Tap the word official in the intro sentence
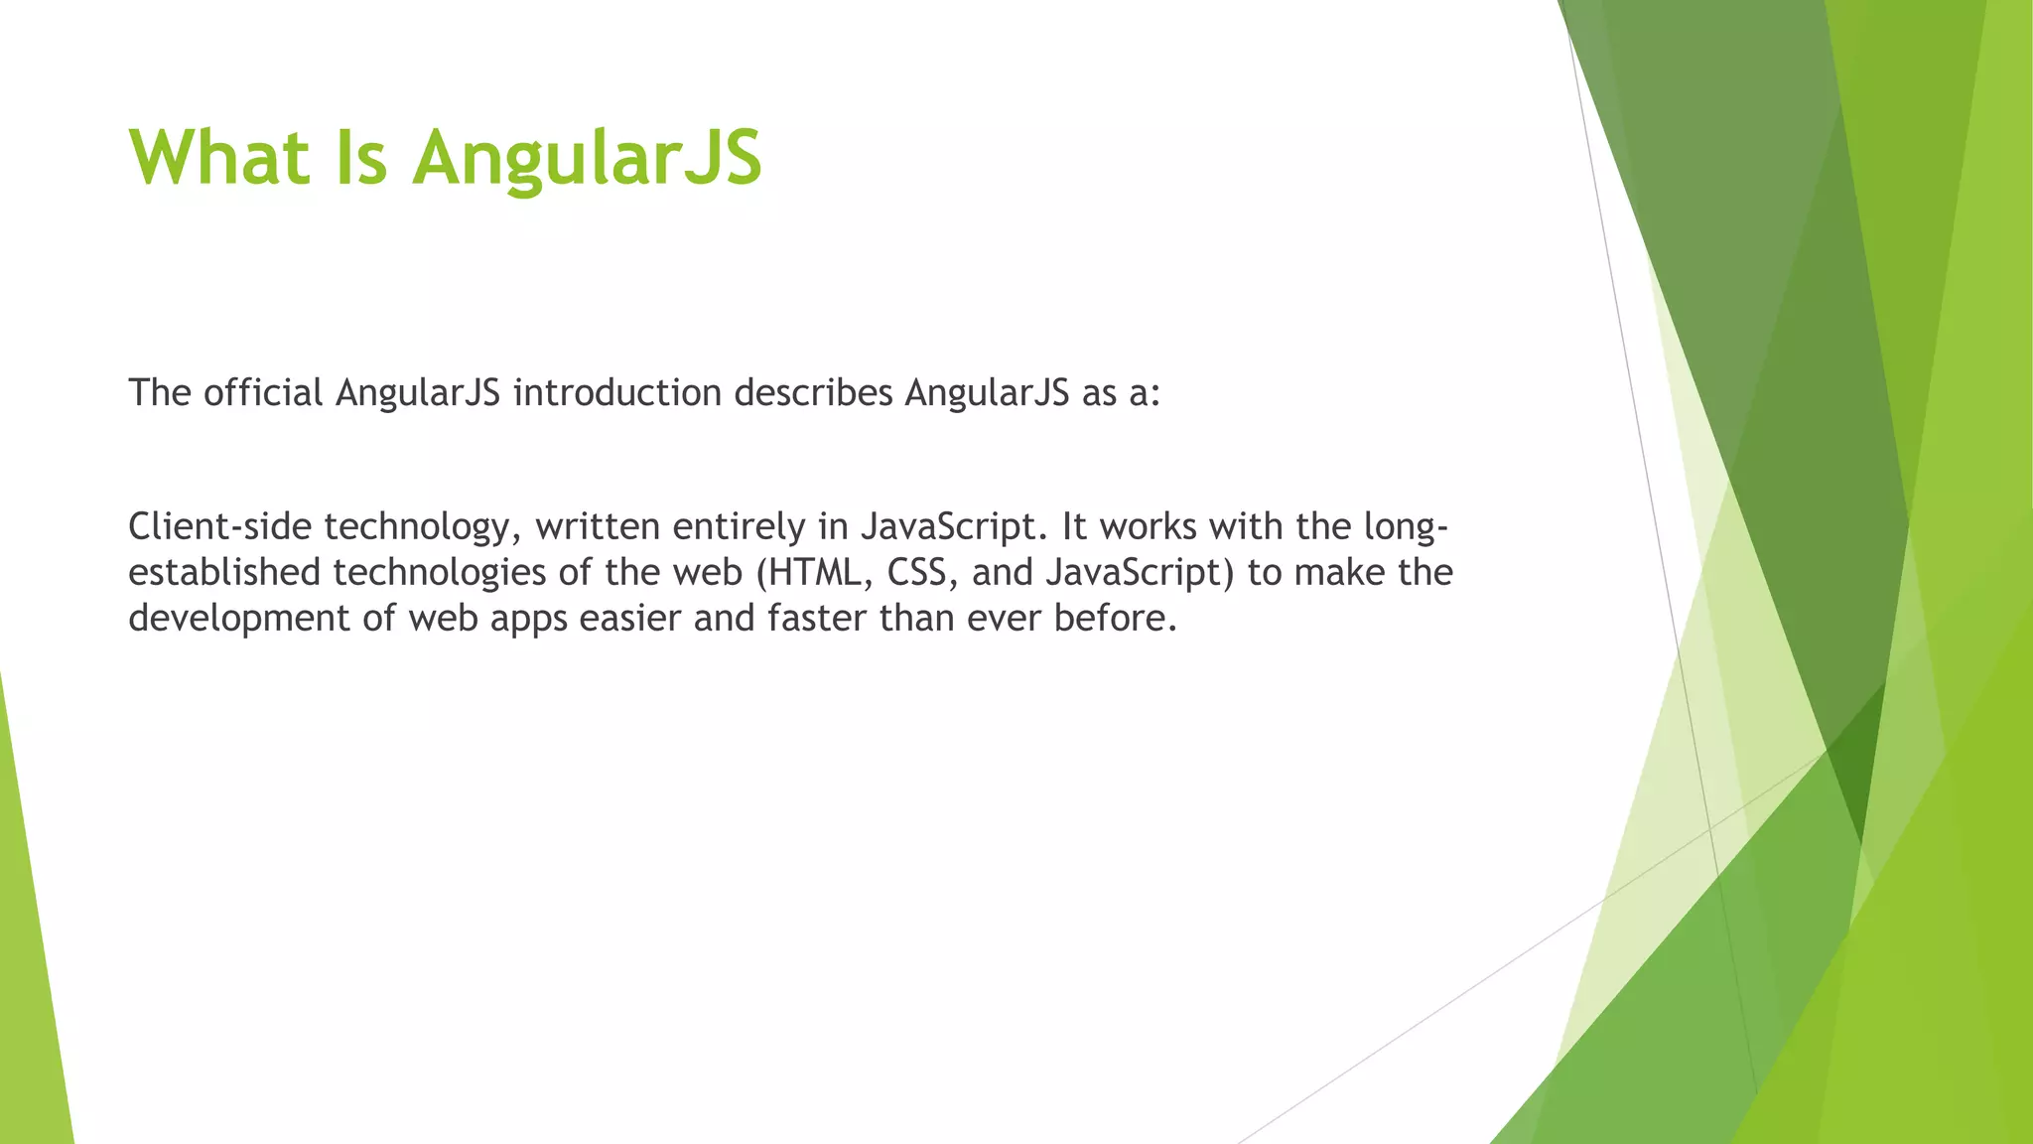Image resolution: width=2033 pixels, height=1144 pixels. click(x=263, y=393)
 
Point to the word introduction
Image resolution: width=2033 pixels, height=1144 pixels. click(x=616, y=393)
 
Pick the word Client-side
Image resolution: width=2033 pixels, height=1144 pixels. click(x=219, y=526)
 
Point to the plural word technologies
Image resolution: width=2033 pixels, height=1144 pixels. click(x=453, y=574)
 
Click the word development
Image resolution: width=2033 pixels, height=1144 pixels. click(x=238, y=619)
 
